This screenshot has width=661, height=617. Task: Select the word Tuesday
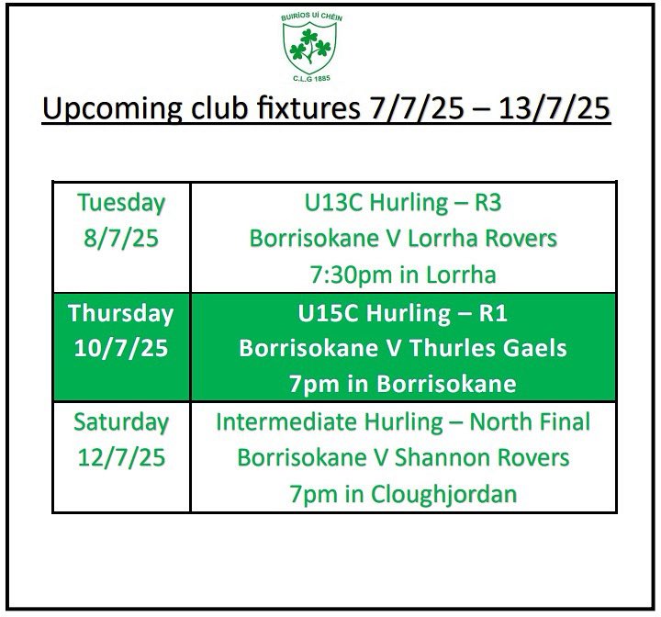pos(121,202)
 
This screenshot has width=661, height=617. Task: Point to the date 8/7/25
pos(121,239)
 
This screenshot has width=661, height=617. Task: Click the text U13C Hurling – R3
pos(403,202)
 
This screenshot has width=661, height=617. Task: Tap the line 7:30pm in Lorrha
pos(403,275)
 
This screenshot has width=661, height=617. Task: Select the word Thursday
pos(121,313)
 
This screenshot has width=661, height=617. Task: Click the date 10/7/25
pos(121,349)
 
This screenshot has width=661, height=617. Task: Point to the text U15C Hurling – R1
pos(403,313)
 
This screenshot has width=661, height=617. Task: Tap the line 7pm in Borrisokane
pos(403,384)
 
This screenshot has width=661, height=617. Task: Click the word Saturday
pos(121,421)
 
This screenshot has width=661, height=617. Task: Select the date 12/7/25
pos(121,457)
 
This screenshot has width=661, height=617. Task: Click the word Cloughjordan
pos(443,494)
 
